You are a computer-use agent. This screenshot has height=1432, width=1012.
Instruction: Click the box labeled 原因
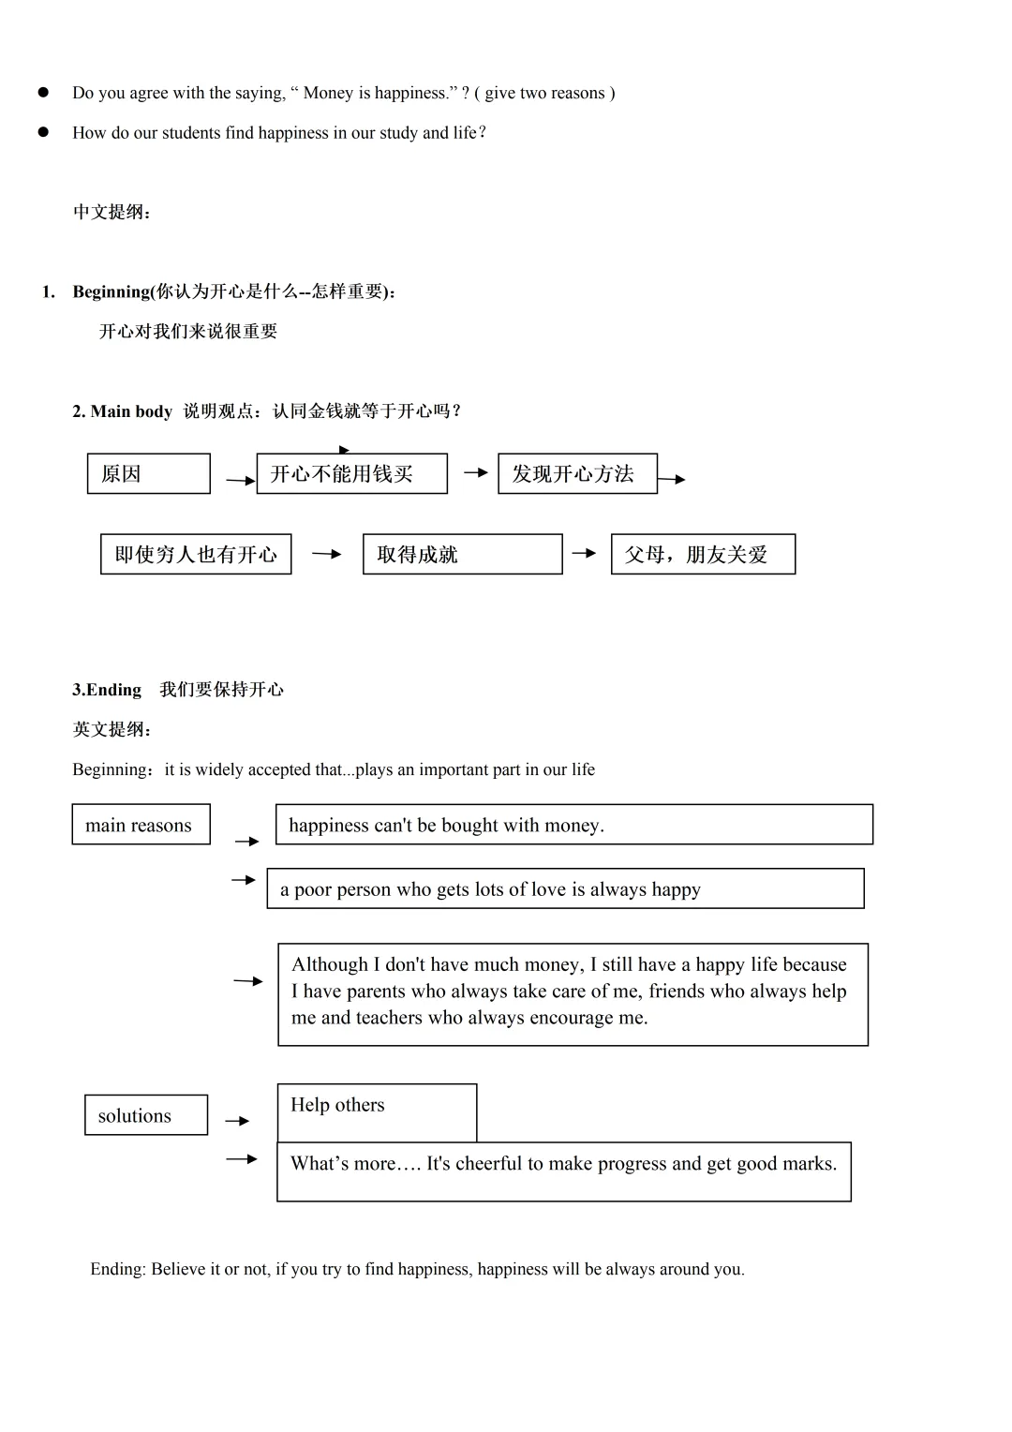pyautogui.click(x=148, y=473)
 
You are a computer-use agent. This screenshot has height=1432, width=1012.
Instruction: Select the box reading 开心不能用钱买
pyautogui.click(x=351, y=473)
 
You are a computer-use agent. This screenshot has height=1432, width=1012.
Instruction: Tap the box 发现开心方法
pyautogui.click(x=577, y=473)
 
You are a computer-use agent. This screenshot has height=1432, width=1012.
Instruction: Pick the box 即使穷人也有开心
pyautogui.click(x=196, y=554)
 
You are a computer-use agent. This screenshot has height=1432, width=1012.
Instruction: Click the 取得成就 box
pyautogui.click(x=462, y=554)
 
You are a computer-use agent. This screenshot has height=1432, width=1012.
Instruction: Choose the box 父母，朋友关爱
pyautogui.click(x=703, y=554)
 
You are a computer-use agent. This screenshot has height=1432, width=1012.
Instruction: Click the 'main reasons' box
pyautogui.click(x=141, y=825)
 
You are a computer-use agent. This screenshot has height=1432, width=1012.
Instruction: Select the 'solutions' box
pyautogui.click(x=145, y=1115)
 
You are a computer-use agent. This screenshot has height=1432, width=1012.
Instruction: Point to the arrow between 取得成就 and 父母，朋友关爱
pyautogui.click(x=585, y=553)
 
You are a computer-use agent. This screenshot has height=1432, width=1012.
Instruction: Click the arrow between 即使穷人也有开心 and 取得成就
pyautogui.click(x=327, y=554)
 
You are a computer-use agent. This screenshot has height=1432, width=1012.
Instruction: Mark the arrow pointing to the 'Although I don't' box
pyautogui.click(x=248, y=981)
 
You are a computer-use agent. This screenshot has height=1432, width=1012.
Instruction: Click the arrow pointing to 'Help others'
pyautogui.click(x=238, y=1121)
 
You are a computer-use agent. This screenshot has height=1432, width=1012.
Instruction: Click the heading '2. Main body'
pyautogui.click(x=123, y=411)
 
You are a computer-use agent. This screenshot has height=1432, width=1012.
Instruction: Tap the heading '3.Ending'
pyautogui.click(x=107, y=690)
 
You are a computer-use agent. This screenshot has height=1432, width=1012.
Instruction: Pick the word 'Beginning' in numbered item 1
pyautogui.click(x=111, y=291)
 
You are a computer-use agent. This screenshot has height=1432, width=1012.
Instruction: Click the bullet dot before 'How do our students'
pyautogui.click(x=43, y=132)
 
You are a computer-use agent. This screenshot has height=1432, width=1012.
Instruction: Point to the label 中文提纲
pyautogui.click(x=112, y=212)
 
